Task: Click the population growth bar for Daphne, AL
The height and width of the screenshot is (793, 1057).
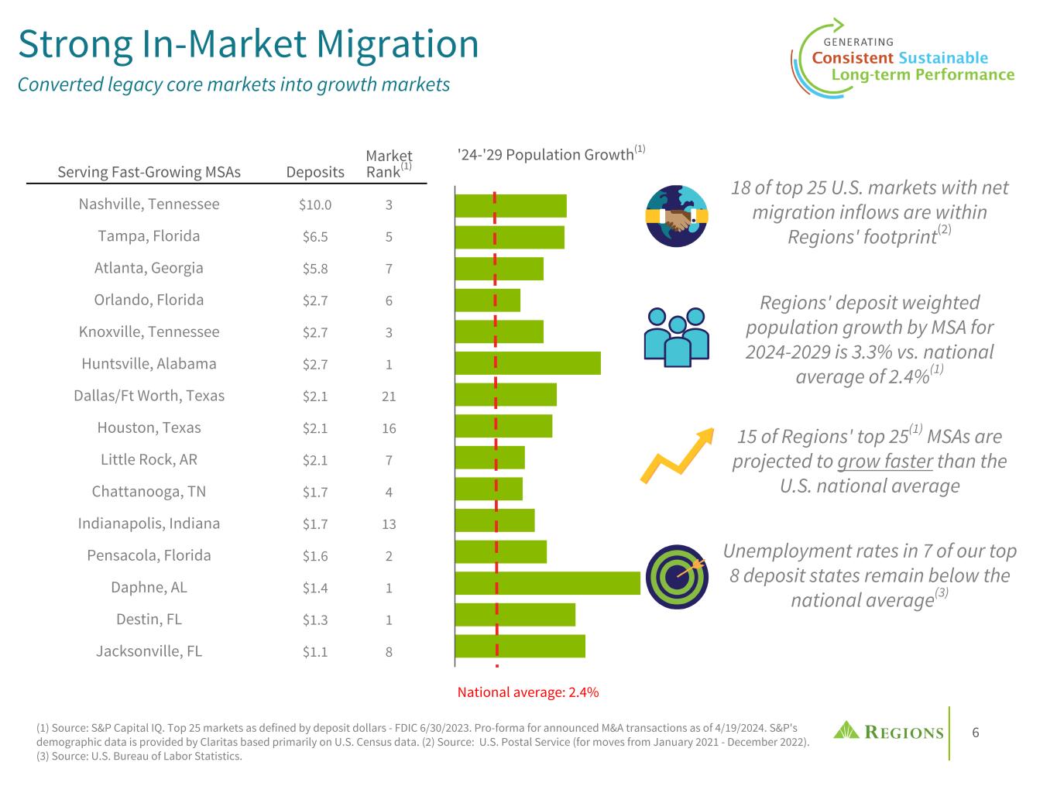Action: (x=547, y=583)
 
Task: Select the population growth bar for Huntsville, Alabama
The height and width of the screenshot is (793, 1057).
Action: (x=527, y=363)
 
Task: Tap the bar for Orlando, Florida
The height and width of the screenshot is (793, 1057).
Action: (x=487, y=300)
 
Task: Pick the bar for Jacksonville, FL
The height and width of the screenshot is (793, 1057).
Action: (x=520, y=646)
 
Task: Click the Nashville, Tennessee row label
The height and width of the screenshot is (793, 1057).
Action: (x=149, y=204)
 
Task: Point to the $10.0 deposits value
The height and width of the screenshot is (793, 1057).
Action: (x=315, y=205)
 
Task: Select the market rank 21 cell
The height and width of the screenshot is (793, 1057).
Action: (x=389, y=396)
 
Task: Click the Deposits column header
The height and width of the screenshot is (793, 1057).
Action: (x=315, y=172)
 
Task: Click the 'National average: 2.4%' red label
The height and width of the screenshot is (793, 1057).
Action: (x=528, y=692)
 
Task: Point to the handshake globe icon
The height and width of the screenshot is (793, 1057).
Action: (x=676, y=216)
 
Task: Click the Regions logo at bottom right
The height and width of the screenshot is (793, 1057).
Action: (x=888, y=732)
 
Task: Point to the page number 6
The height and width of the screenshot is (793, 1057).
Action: (x=976, y=733)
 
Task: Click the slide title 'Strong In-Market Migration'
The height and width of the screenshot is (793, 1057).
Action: (x=249, y=44)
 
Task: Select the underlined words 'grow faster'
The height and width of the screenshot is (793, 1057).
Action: (x=885, y=462)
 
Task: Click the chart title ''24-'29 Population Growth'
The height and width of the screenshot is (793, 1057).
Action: (x=547, y=155)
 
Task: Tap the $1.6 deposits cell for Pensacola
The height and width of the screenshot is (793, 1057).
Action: (x=315, y=556)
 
